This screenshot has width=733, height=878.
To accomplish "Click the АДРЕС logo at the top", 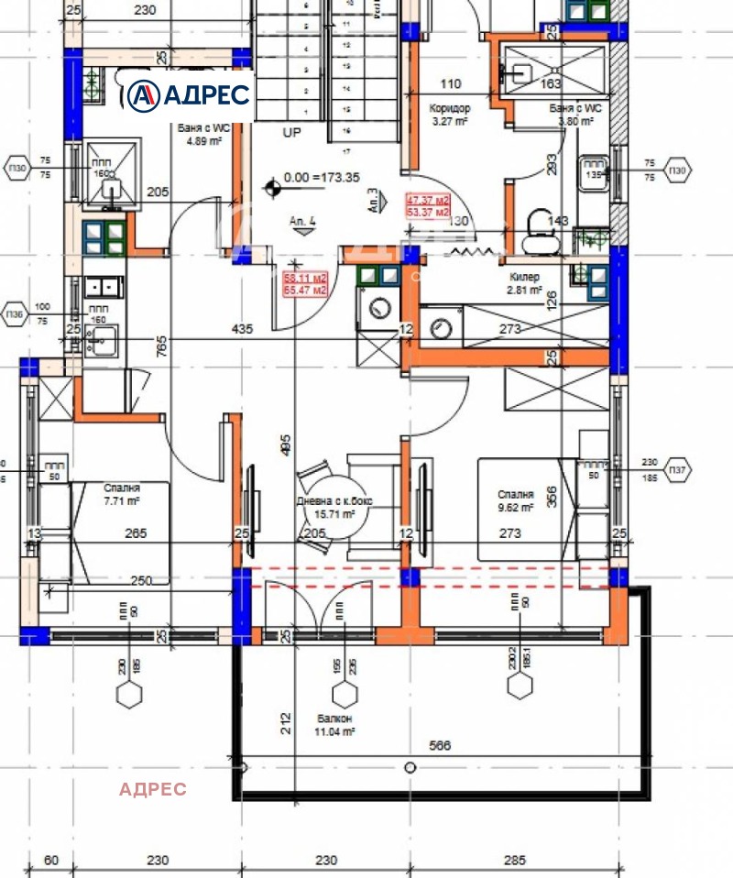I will (188, 93).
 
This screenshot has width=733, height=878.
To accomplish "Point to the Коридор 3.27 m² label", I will (450, 114).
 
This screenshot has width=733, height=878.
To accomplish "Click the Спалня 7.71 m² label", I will (122, 496).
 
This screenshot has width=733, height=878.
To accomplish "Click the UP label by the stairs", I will (291, 133).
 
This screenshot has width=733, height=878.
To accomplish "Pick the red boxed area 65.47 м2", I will (306, 291).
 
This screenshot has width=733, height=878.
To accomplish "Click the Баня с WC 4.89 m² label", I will (202, 135).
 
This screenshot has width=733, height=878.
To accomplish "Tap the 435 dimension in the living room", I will (242, 328).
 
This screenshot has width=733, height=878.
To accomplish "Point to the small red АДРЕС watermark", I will (153, 789).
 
